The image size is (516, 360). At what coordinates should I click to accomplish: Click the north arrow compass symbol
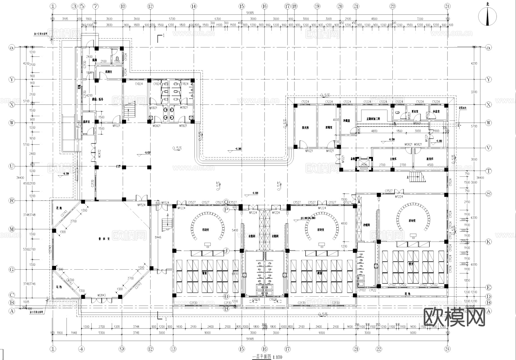[x=487, y=16]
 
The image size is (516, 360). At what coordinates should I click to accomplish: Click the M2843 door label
[x=101, y=295]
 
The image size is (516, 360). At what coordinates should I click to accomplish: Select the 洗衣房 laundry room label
[x=305, y=127]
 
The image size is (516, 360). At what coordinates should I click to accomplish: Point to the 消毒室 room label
[x=329, y=127]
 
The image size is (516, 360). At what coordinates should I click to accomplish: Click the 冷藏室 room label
[x=346, y=121]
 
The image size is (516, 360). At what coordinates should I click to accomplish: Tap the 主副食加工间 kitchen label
[x=373, y=119]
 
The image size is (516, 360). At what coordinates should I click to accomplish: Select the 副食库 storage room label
[x=430, y=159]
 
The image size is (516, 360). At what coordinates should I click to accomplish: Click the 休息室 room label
[x=436, y=111]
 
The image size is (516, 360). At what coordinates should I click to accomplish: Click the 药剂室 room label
[x=108, y=72]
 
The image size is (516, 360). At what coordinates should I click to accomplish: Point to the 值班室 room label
[x=87, y=122]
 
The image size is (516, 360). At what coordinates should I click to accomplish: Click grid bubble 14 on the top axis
[x=193, y=6]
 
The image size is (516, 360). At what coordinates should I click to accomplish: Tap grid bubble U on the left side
[x=12, y=166]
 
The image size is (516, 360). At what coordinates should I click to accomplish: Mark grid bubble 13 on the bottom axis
[x=173, y=349]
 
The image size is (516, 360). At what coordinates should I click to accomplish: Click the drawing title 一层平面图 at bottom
[x=261, y=357]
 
